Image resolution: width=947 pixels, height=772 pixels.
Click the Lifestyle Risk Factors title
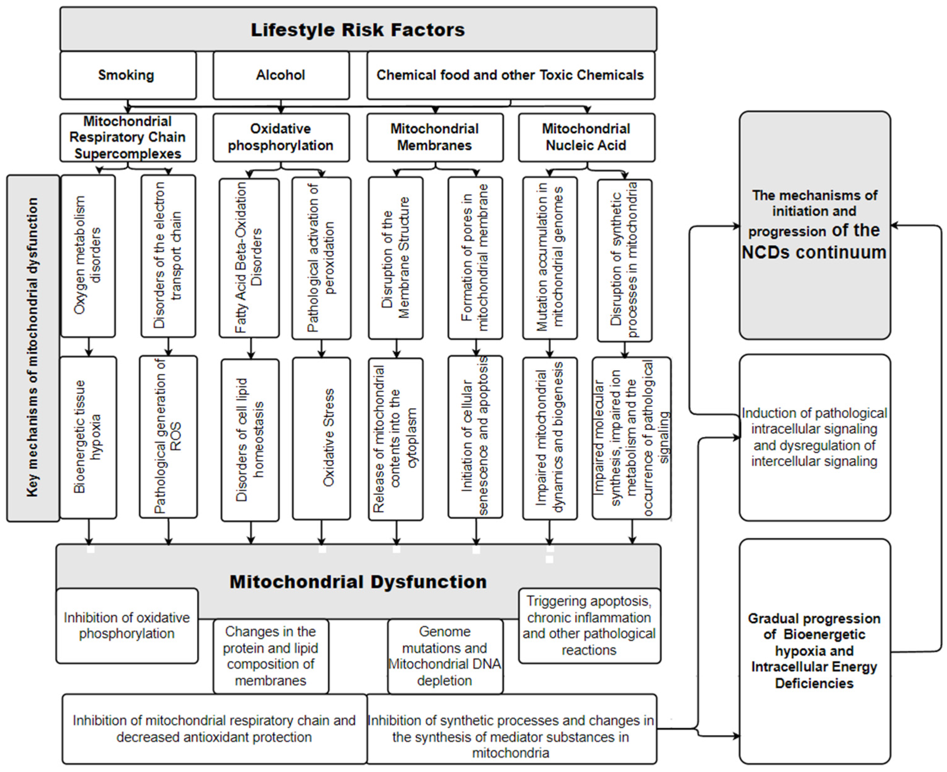coord(358,30)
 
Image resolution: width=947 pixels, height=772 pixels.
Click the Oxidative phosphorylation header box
coord(281,137)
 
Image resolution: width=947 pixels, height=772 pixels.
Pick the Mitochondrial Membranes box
coord(435,137)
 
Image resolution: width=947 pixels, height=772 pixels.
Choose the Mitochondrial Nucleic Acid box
coord(586,137)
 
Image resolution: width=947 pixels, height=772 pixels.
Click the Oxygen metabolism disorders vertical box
coord(88,256)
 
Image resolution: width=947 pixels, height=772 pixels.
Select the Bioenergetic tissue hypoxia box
coord(88,437)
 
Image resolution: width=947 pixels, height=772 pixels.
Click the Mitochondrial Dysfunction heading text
coord(358,582)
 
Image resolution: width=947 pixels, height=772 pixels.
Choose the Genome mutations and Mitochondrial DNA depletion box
coord(445,656)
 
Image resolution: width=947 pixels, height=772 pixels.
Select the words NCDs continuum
coord(814,252)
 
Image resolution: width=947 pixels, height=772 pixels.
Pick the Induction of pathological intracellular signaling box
coord(814,437)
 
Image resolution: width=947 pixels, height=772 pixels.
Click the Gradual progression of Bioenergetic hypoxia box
coord(814,651)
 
